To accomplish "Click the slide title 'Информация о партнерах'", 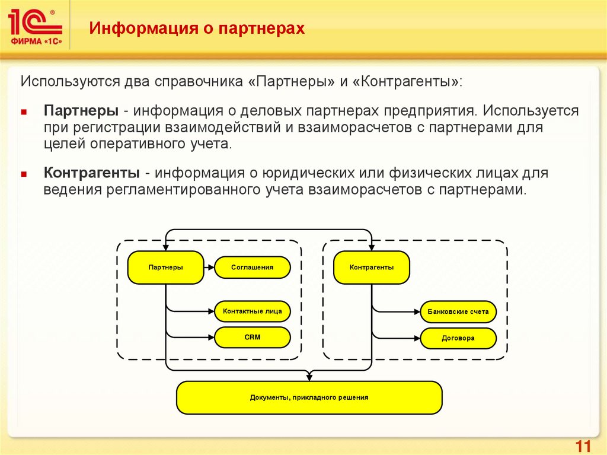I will [x=197, y=28].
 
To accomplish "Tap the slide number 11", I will [x=582, y=446].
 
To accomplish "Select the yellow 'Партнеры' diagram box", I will [x=165, y=268].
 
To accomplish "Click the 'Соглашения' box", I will [x=252, y=268].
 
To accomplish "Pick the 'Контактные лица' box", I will [x=252, y=310].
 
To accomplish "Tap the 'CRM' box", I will [x=252, y=338].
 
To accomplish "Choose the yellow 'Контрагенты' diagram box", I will [x=372, y=268].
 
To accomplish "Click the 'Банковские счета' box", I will [x=458, y=311].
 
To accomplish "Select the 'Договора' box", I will [x=458, y=338].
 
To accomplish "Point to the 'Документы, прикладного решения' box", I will [x=309, y=397].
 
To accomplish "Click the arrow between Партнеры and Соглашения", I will [x=209, y=268].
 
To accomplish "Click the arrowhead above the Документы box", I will [x=309, y=377].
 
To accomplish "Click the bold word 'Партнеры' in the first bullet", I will [x=81, y=112].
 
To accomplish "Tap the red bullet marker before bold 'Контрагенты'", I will [x=24, y=174].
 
